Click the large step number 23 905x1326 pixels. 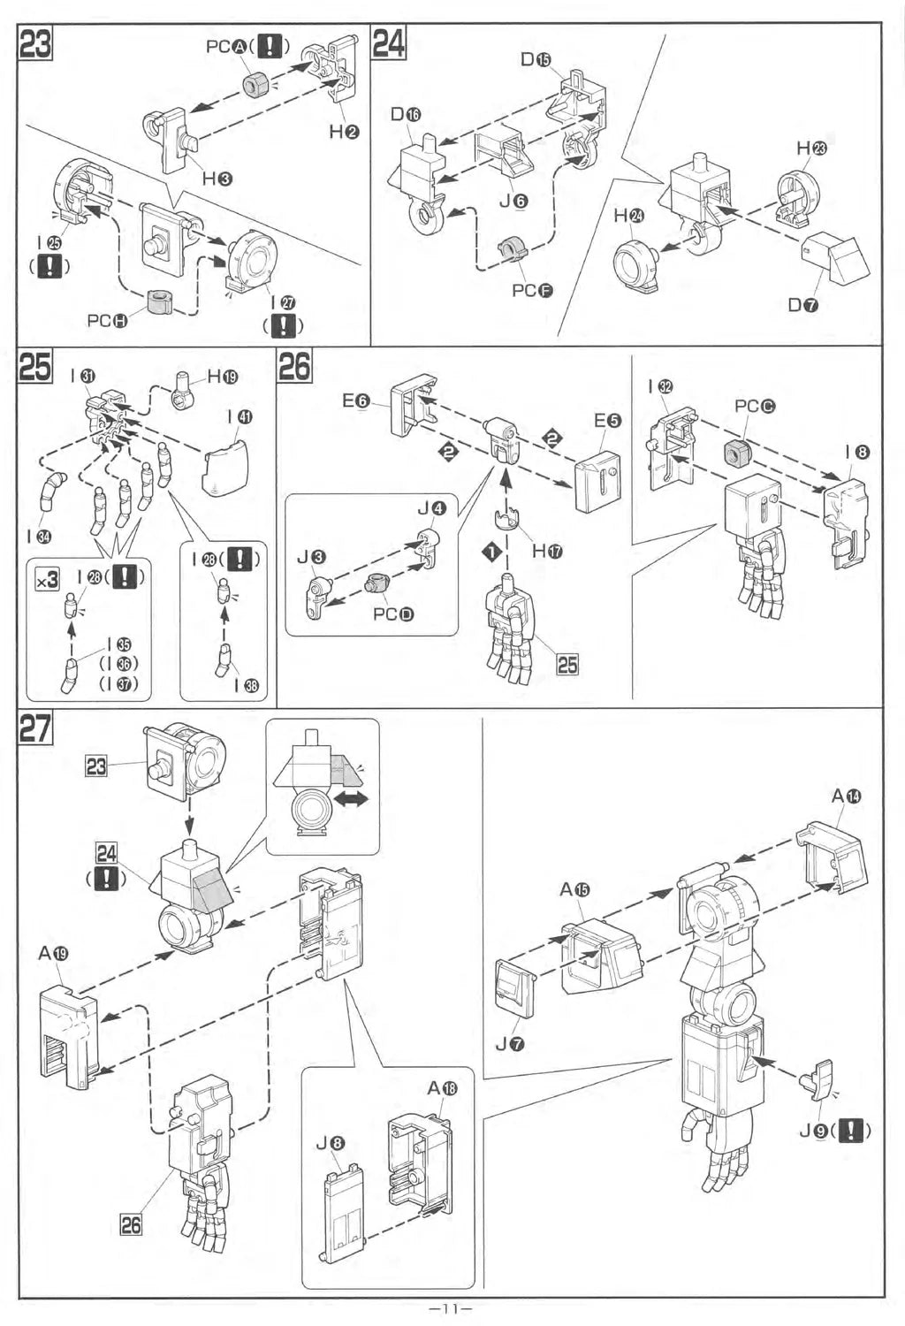[36, 43]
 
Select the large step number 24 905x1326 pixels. [389, 43]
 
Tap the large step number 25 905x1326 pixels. [35, 366]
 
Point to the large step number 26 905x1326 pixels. [294, 366]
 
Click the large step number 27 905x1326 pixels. [35, 728]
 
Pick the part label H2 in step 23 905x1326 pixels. [344, 132]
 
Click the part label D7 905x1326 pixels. [803, 305]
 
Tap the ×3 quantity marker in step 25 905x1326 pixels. [46, 580]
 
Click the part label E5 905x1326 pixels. [607, 421]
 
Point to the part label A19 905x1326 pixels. [53, 953]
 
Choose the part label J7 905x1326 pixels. [510, 1044]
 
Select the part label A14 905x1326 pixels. [846, 796]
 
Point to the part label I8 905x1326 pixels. [856, 453]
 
